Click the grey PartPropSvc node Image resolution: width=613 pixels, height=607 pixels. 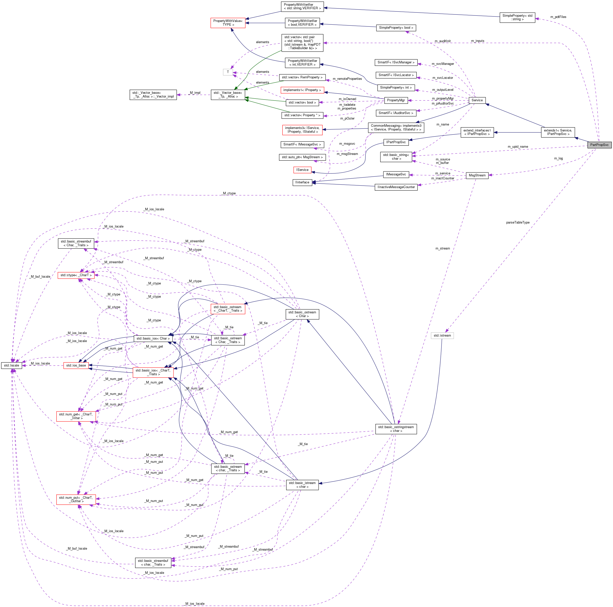[x=599, y=145]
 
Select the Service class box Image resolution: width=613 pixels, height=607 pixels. [x=477, y=100]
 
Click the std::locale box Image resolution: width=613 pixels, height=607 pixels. [x=11, y=365]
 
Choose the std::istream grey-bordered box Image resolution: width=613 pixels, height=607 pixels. [x=442, y=336]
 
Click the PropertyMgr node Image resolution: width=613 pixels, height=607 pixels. [x=396, y=100]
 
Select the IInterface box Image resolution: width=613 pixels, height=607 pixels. [x=302, y=182]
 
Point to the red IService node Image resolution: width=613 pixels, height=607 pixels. [x=302, y=170]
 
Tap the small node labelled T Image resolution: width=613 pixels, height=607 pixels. [x=228, y=72]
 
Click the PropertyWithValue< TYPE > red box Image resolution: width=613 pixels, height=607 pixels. [x=228, y=23]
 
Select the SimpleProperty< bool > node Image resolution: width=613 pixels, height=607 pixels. [x=396, y=28]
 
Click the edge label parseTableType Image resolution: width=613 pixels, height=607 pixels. [x=518, y=223]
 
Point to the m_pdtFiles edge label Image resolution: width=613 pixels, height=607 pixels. [x=558, y=17]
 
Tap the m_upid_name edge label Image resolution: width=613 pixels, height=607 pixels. [x=518, y=147]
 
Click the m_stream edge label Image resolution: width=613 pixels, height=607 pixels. [x=442, y=248]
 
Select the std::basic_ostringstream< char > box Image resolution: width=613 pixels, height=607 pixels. [x=396, y=429]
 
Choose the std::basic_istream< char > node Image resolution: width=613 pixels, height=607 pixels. [x=302, y=485]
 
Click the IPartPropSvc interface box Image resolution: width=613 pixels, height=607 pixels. [x=396, y=142]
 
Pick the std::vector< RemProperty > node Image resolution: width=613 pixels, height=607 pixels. [x=302, y=77]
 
